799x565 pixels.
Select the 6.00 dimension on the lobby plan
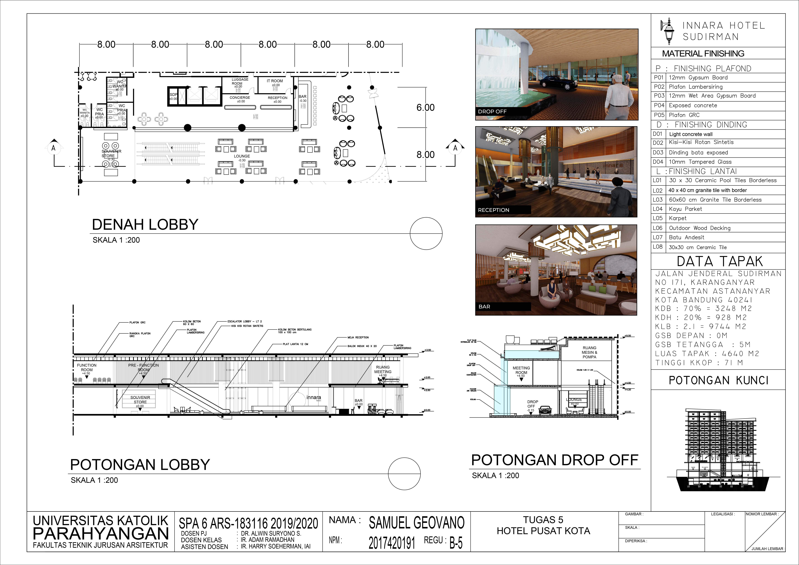coord(425,108)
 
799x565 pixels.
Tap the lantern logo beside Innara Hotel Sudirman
coord(668,31)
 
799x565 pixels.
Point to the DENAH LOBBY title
coord(145,225)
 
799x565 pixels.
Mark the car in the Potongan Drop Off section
coord(545,410)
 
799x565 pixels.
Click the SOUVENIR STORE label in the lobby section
coord(140,400)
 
